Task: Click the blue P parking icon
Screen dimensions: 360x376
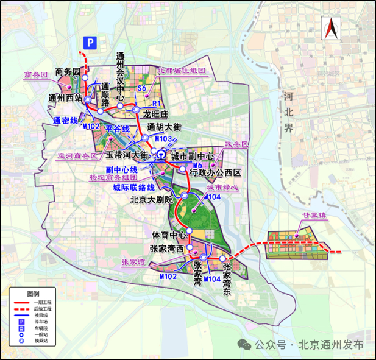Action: click(90, 42)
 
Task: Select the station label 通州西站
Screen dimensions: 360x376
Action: click(65, 97)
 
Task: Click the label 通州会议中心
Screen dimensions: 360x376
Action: click(121, 76)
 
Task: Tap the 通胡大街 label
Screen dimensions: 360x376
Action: click(165, 127)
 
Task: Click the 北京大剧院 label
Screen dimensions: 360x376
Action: click(152, 199)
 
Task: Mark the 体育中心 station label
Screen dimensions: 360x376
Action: click(168, 235)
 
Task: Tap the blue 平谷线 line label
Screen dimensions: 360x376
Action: click(118, 129)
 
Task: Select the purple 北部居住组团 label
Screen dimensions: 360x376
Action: click(182, 70)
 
